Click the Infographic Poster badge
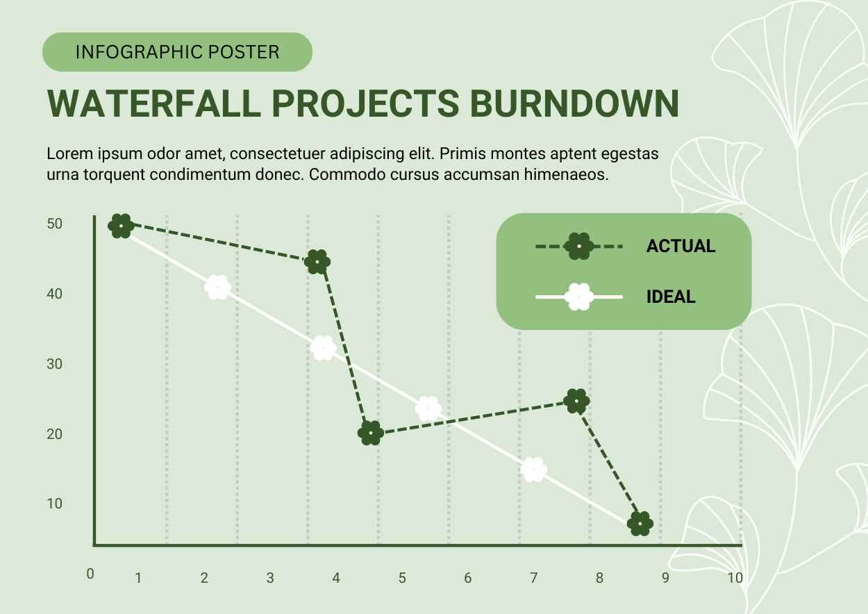tap(177, 52)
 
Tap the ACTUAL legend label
tap(681, 246)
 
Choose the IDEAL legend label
tap(671, 297)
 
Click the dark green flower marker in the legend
tap(579, 246)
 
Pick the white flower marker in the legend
tap(579, 297)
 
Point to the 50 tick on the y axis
tap(55, 224)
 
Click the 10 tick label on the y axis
tap(55, 503)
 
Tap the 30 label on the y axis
tap(55, 363)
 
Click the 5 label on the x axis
tap(402, 577)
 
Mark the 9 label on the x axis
tap(665, 577)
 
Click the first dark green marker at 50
tap(121, 226)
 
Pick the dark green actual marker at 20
tap(372, 433)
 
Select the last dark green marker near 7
tap(640, 524)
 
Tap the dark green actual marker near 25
tap(577, 401)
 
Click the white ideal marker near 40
tap(218, 287)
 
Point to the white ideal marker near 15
tap(533, 470)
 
